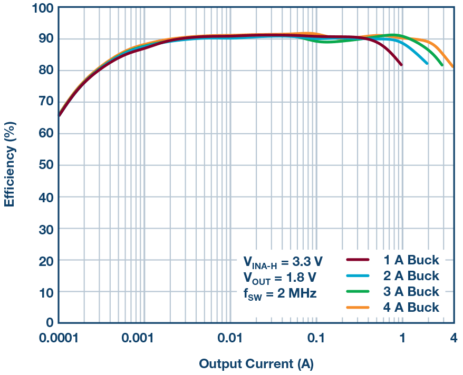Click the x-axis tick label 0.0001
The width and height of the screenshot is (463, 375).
58,337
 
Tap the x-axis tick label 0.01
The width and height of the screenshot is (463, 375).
230,337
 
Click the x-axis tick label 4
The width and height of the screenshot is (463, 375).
452,337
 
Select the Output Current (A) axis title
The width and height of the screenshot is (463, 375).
256,363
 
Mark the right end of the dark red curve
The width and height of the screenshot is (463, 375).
401,65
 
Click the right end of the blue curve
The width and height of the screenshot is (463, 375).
427,64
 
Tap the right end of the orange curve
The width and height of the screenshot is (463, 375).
452,66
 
